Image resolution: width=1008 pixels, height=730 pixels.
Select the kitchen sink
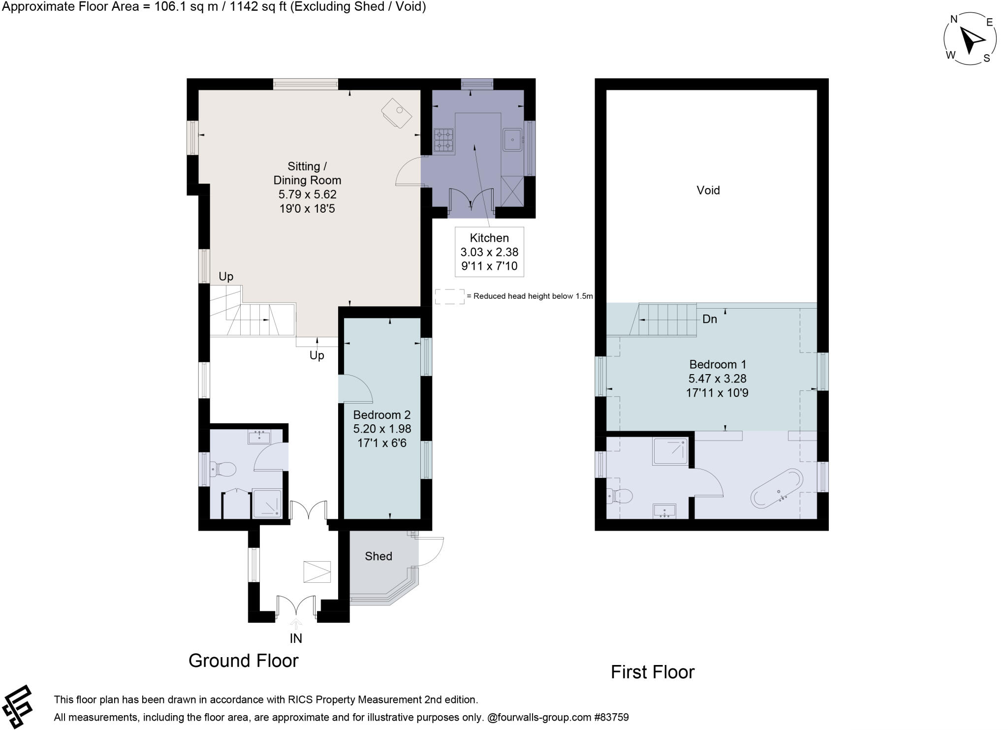pos(512,140)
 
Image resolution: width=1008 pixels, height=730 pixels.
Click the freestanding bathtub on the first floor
pos(777,488)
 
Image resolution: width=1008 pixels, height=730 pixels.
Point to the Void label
pos(708,190)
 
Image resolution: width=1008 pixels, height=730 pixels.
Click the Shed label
pos(378,556)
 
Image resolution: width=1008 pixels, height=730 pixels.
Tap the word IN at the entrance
pos(295,638)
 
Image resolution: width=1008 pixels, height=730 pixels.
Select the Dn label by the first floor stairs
pos(709,319)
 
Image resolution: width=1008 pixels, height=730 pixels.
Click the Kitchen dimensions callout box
pos(489,252)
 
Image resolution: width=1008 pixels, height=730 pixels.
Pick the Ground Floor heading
pos(243,661)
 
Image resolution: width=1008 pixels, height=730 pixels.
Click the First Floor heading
pos(652,672)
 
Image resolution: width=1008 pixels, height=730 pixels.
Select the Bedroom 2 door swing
pos(355,389)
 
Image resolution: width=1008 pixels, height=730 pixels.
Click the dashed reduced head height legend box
pos(449,296)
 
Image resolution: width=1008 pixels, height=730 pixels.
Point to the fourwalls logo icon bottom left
pos(17,706)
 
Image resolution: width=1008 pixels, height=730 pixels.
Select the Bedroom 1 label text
pos(717,365)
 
